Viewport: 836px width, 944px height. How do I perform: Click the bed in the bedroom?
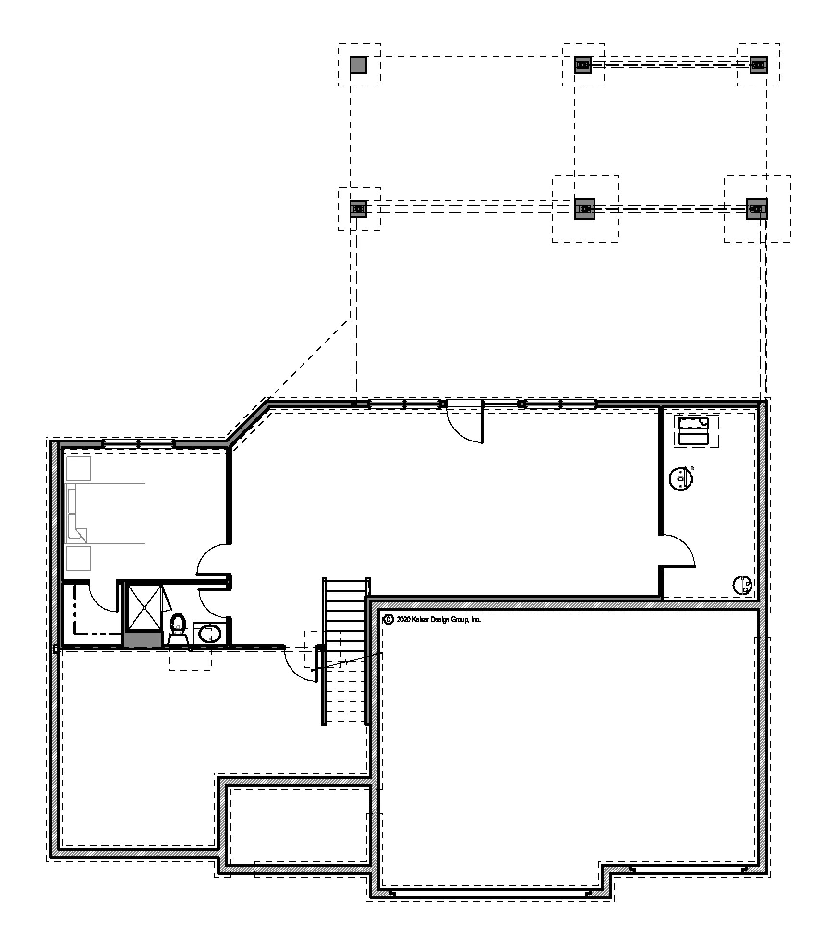106,514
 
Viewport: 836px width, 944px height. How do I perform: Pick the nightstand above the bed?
78,468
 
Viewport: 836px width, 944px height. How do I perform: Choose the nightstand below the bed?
78,558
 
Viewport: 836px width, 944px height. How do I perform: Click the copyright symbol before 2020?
388,620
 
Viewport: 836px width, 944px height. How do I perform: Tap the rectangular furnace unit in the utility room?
693,431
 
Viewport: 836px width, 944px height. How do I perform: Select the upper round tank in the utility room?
680,479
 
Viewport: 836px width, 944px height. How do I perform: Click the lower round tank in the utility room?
742,585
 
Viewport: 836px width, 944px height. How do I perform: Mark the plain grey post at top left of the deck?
358,65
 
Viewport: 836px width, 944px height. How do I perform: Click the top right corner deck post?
758,65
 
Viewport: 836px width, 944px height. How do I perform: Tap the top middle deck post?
583,65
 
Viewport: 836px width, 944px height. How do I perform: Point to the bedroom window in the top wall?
138,444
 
